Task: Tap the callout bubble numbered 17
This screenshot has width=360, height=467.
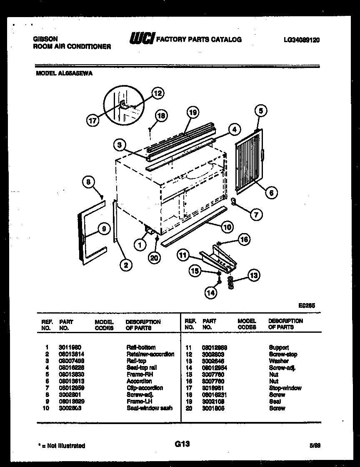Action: coord(93,121)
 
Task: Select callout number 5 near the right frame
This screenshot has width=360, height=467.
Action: coord(260,110)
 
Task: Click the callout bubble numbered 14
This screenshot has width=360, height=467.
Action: coord(211,293)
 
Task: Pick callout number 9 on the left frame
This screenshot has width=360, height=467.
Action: coord(104,228)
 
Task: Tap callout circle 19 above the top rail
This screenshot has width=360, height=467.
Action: coord(192,112)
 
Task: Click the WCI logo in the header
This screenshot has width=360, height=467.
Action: coord(142,38)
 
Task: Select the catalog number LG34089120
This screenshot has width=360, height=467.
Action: coord(302,40)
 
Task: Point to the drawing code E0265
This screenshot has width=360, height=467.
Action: coord(307,305)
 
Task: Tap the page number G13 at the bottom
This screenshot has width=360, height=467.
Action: coord(180,444)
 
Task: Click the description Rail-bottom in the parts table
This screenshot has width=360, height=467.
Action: coord(141,347)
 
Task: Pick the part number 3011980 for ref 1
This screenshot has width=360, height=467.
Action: coord(70,347)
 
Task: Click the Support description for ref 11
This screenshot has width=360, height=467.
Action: coord(279,347)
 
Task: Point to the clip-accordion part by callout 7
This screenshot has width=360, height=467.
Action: coord(234,203)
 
